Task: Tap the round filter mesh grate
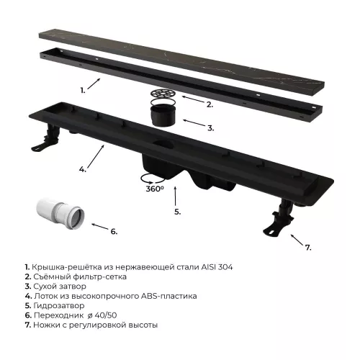tap(163, 93)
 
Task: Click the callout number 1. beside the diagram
tap(83, 91)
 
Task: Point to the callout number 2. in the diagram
tap(210, 104)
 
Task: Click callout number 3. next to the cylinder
tap(211, 128)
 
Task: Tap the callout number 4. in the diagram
tap(83, 169)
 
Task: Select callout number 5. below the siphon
tap(178, 212)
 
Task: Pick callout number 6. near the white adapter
tap(114, 232)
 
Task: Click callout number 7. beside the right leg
tap(308, 248)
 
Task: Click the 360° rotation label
tap(155, 189)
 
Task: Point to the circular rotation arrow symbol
tap(153, 179)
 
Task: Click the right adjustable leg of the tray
tap(279, 217)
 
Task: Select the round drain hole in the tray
tap(163, 145)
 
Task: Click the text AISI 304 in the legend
tap(217, 267)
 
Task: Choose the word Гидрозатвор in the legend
tap(59, 306)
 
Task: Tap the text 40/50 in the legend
tap(106, 315)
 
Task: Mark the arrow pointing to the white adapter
tap(100, 226)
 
